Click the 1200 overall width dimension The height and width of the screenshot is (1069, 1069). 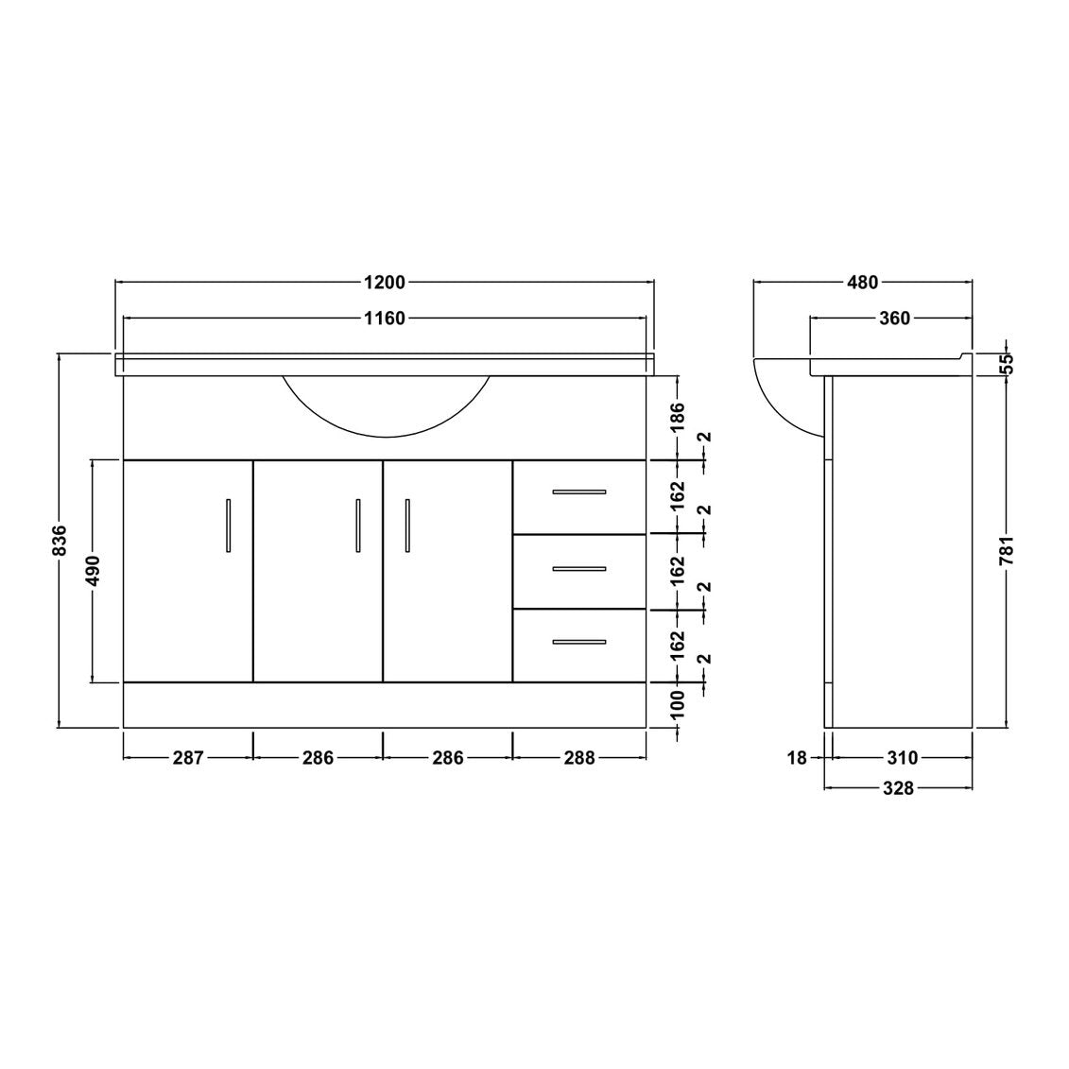click(x=386, y=283)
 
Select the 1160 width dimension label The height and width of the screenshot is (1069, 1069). click(x=386, y=319)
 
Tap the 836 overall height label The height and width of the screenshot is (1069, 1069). click(x=60, y=540)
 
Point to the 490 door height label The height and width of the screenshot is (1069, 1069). click(x=92, y=571)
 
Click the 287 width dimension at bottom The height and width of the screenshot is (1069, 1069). click(x=188, y=757)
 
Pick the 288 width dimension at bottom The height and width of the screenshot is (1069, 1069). click(x=579, y=757)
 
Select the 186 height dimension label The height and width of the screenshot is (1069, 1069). click(x=677, y=418)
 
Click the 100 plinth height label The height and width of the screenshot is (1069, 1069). click(x=677, y=706)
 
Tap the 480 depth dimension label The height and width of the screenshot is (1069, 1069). click(x=862, y=283)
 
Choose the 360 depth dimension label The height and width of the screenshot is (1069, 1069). click(x=894, y=319)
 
